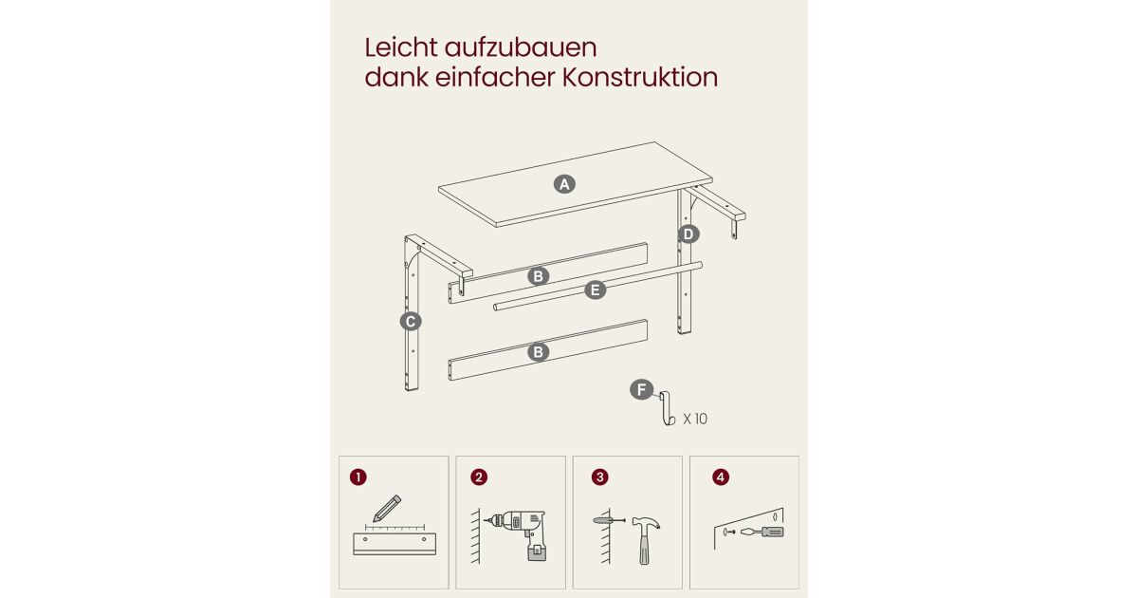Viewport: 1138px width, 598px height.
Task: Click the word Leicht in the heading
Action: click(401, 47)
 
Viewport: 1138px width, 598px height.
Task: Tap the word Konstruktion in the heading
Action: click(639, 77)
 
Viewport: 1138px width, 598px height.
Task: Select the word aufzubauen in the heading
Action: click(521, 47)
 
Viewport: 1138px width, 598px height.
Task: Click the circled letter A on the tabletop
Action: click(564, 184)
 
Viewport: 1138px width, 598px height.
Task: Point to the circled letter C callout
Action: click(411, 322)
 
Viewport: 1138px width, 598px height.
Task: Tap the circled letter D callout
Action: click(688, 234)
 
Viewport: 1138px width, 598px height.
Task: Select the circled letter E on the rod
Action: click(596, 290)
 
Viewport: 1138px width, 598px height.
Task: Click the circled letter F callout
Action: click(642, 389)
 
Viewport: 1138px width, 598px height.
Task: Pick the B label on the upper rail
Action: click(538, 276)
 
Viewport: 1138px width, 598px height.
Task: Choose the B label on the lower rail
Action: click(538, 352)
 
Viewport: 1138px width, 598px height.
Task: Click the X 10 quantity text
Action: click(695, 419)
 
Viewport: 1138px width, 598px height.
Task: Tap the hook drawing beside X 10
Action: click(667, 408)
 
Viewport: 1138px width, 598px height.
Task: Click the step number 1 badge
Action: click(358, 477)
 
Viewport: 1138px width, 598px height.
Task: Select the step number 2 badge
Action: click(479, 477)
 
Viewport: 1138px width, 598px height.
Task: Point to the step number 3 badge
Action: click(600, 477)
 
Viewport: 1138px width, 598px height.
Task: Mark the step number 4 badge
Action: click(721, 477)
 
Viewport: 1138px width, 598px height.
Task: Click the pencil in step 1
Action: click(387, 509)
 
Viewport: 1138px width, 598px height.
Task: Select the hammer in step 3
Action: click(645, 540)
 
